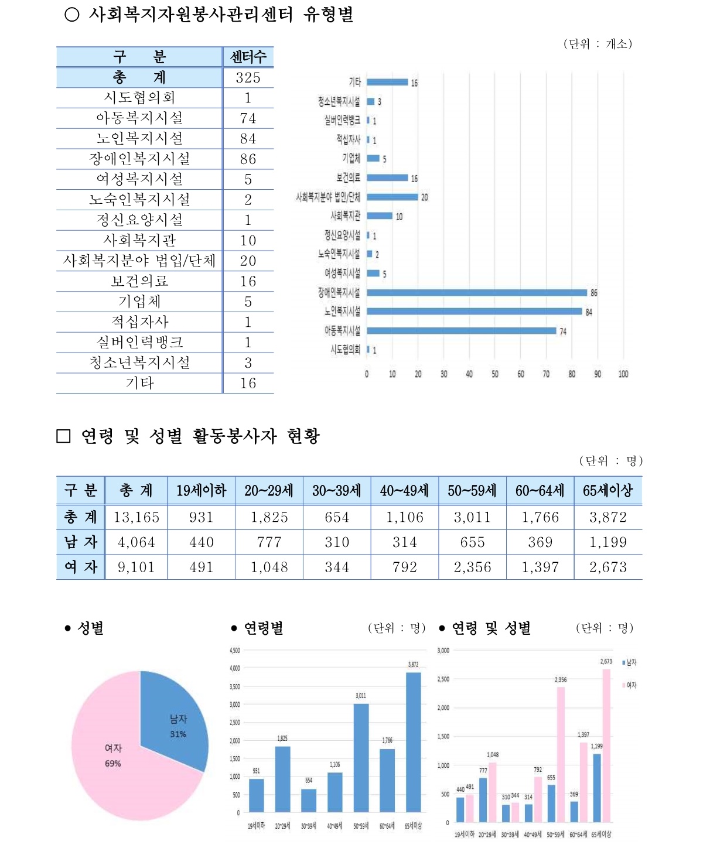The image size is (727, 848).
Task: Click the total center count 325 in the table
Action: (248, 77)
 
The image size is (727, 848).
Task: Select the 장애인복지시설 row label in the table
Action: (139, 159)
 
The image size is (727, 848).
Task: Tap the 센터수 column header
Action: (248, 57)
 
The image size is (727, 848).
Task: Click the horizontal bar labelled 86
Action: (476, 293)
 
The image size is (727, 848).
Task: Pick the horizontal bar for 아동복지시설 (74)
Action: (461, 331)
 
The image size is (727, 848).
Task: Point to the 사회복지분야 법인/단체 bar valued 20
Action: (392, 197)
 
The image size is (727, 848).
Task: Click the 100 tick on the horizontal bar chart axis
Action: (623, 374)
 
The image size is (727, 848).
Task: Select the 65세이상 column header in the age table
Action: (607, 490)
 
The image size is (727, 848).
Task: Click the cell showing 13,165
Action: (136, 517)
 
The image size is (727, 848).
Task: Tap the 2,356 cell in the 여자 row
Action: (472, 567)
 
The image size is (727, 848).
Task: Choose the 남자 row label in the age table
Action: (80, 542)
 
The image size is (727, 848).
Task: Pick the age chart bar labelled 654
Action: (309, 800)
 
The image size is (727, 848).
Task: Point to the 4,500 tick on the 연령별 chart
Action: (234, 650)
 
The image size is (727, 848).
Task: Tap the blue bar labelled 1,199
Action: (597, 787)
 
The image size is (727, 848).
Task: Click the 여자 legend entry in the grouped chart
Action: (630, 685)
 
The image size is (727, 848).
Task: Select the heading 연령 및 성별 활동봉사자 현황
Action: (200, 436)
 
